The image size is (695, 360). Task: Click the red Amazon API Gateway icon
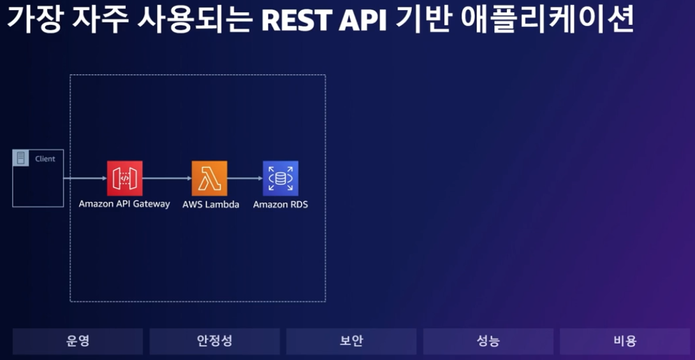click(x=124, y=178)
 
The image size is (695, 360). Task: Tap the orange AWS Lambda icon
click(x=209, y=178)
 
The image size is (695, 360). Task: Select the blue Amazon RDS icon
click(x=281, y=178)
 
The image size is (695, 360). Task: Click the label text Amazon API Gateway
click(x=124, y=205)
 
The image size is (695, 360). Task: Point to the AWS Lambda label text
click(x=211, y=205)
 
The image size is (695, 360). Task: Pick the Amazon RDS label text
click(x=281, y=205)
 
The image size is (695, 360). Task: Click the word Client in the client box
click(x=45, y=159)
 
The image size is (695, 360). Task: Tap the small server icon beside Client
click(x=21, y=158)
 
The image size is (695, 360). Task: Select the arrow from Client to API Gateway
click(x=85, y=178)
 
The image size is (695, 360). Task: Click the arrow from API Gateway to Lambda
click(x=167, y=178)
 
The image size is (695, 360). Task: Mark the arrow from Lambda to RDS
click(x=245, y=178)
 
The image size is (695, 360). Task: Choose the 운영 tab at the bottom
click(x=78, y=341)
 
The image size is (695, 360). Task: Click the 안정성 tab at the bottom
click(x=214, y=341)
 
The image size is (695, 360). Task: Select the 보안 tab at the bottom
click(x=351, y=341)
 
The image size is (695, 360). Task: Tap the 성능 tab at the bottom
click(x=488, y=341)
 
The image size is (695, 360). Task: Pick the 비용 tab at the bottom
click(x=625, y=341)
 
